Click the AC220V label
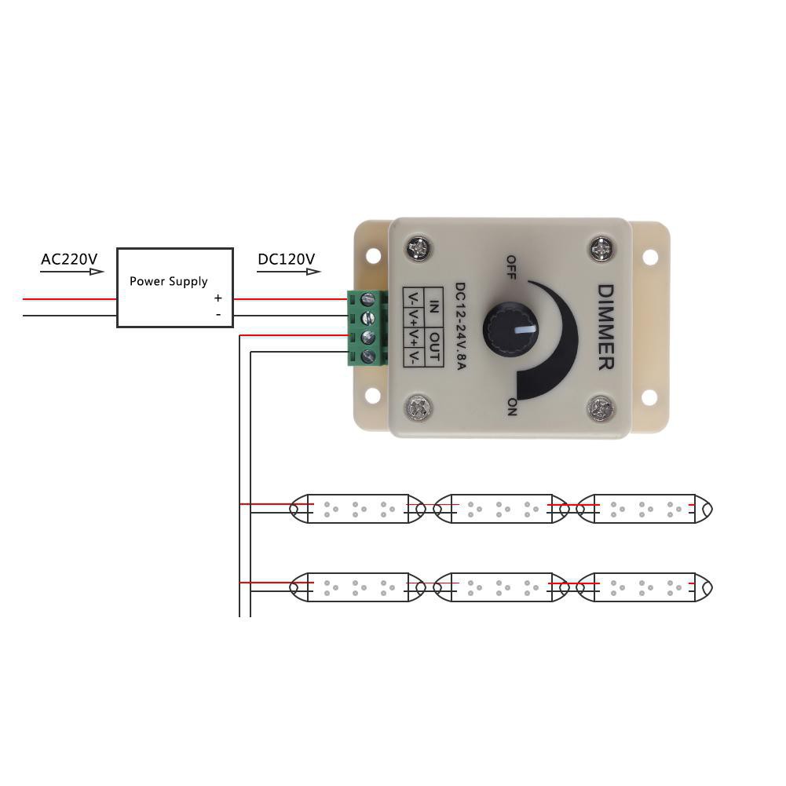(69, 259)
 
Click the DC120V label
(286, 259)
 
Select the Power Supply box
(175, 287)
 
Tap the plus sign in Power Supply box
(218, 298)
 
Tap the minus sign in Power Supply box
(218, 316)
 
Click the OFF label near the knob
(510, 266)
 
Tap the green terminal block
(367, 327)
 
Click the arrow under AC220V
(72, 272)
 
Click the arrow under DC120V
(289, 272)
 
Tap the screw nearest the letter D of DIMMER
(601, 248)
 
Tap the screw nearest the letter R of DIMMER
(601, 408)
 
